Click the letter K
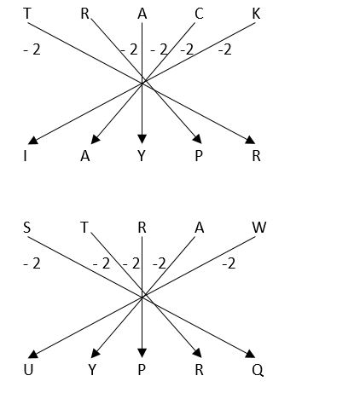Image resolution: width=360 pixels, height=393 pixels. click(x=256, y=14)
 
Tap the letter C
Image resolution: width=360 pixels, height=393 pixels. click(x=199, y=14)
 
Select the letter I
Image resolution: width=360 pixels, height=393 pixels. click(x=26, y=156)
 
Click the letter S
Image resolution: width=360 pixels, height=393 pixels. click(x=26, y=228)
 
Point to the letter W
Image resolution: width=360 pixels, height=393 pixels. click(x=259, y=228)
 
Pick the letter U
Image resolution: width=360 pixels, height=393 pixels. click(x=28, y=370)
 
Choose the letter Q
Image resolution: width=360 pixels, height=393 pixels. click(x=258, y=370)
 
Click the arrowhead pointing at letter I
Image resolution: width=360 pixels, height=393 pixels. click(x=33, y=140)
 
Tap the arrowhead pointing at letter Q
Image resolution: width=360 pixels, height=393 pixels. click(x=250, y=354)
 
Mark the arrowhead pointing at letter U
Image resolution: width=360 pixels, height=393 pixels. click(x=33, y=354)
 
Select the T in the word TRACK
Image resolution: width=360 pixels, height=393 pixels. click(x=26, y=14)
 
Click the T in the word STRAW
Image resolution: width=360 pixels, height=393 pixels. click(x=84, y=228)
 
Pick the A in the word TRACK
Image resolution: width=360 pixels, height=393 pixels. click(x=142, y=14)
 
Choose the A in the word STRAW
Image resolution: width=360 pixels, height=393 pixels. click(x=200, y=228)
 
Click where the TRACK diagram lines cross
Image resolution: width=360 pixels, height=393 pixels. click(x=143, y=82)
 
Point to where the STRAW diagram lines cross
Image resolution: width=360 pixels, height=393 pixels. click(x=143, y=296)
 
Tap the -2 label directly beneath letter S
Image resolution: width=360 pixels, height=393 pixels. click(x=32, y=263)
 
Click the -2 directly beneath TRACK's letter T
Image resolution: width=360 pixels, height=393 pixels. click(x=32, y=49)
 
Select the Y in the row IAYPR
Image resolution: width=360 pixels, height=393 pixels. click(x=142, y=156)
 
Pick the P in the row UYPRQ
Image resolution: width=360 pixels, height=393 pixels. click(x=142, y=370)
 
